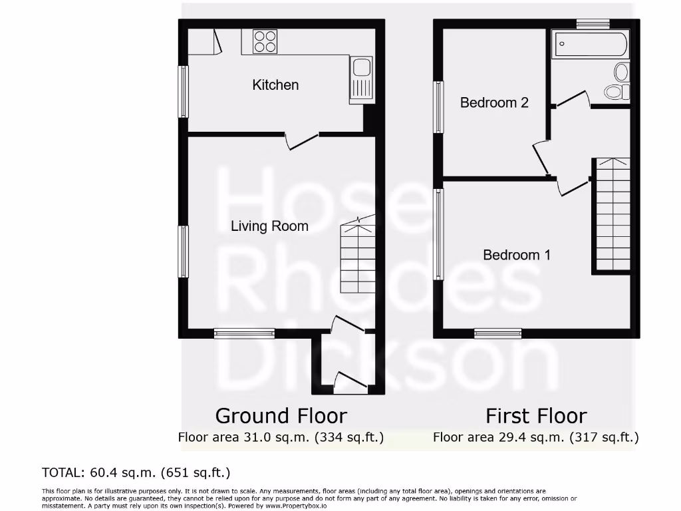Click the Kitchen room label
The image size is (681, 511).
pos(275,85)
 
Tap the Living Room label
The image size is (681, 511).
pos(269,226)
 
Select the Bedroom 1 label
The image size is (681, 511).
pos(516,255)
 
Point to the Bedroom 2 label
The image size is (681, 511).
pos(494,102)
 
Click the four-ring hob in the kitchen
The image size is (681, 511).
pos(265,41)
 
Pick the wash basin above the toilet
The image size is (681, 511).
pos(622,71)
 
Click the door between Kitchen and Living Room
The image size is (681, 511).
pos(302,140)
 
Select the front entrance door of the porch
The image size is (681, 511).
pos(351,383)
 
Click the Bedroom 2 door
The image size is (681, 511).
pos(541,158)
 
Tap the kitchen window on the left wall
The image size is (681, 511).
pos(183,92)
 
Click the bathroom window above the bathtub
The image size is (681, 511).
pos(593,24)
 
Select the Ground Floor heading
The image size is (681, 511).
pos(281,417)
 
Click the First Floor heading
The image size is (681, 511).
pos(536,417)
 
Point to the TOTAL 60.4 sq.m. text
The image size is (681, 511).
pos(136,473)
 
